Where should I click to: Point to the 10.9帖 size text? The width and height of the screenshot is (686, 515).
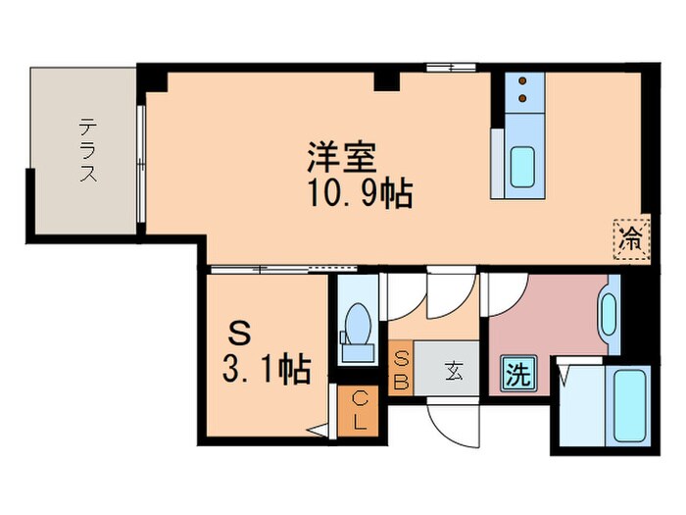[356, 194]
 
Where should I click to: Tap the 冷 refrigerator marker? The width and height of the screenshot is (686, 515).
[632, 236]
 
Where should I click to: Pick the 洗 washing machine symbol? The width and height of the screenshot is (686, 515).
[518, 374]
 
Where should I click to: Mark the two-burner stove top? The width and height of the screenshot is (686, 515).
[524, 90]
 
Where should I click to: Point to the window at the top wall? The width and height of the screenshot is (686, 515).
[443, 68]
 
